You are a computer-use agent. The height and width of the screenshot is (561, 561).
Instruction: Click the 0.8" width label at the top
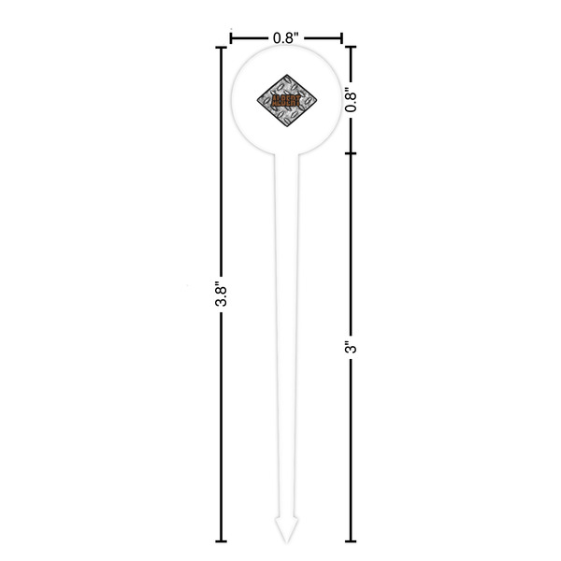tap(286, 38)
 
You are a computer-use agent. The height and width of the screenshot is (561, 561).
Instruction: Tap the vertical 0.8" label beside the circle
tap(352, 99)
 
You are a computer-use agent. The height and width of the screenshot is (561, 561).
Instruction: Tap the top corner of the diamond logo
tap(286, 66)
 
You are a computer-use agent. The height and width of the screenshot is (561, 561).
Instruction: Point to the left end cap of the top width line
tap(231, 38)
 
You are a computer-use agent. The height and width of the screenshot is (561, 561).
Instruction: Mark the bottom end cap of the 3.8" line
tap(221, 541)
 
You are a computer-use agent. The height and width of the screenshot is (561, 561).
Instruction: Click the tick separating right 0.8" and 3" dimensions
tap(352, 152)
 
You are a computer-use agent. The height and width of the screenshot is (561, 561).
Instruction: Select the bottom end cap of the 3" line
tap(352, 541)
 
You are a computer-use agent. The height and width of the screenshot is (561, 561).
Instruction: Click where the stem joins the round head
tap(286, 155)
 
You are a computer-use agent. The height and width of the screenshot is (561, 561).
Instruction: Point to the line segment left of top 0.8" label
tap(251, 38)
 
